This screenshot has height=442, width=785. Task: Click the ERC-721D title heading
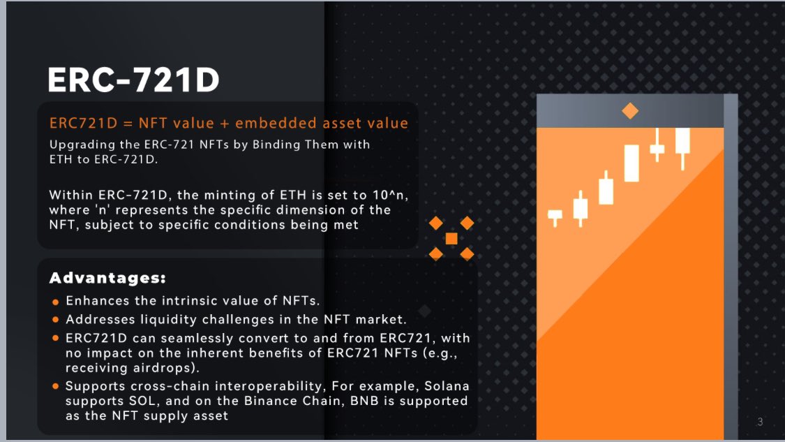click(133, 80)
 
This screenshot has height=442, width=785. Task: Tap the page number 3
click(760, 422)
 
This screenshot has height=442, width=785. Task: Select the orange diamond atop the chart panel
click(630, 110)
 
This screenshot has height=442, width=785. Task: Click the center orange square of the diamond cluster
click(451, 239)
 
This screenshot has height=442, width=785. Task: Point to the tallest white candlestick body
click(631, 163)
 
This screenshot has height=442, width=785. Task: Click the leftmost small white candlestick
click(555, 215)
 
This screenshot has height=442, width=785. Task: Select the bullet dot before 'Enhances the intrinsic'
click(56, 302)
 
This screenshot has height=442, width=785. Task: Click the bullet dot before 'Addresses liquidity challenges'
click(56, 321)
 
